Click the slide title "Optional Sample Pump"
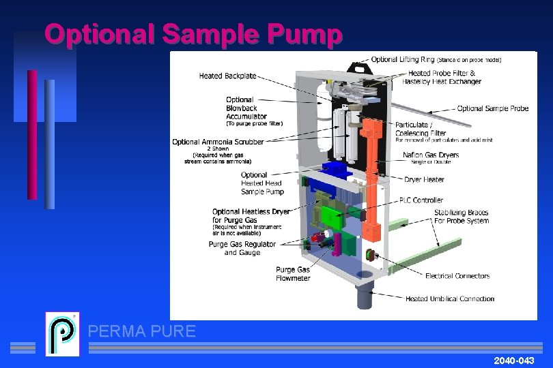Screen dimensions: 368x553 pos(193,34)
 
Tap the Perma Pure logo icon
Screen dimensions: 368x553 pos(62,334)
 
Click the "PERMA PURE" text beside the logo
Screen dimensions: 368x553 pos(142,332)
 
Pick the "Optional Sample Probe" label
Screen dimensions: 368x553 pos(492,108)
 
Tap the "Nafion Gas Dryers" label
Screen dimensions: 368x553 pos(430,155)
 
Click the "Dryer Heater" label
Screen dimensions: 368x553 pos(424,180)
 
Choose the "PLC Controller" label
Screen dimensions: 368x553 pos(421,200)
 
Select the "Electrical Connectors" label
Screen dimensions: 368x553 pos(457,276)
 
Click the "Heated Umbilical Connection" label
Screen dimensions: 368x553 pos(450,298)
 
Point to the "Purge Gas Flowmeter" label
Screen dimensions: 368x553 pos(293,274)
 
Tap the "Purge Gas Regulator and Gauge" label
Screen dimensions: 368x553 pos(242,248)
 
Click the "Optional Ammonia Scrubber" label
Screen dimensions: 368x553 pos(218,142)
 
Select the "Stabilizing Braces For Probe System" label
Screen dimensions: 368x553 pos(462,217)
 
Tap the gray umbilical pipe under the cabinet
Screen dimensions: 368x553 pos(361,293)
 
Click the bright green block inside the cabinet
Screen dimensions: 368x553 pos(332,216)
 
